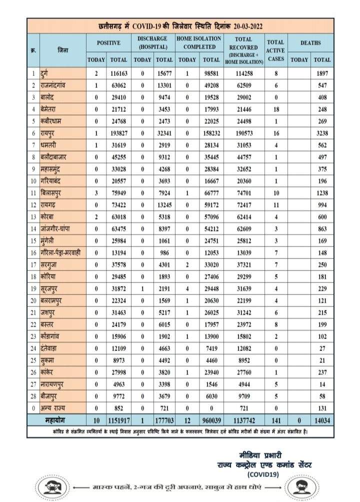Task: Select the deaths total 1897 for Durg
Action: pos(322,74)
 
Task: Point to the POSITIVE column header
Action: pos(108,43)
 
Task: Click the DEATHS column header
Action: pos(310,43)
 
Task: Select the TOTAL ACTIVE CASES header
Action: pos(276,50)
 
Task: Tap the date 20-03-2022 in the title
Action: pos(244,25)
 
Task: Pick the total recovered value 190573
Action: pos(244,134)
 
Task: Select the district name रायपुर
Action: pos(50,134)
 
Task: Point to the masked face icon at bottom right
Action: pos(300,484)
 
